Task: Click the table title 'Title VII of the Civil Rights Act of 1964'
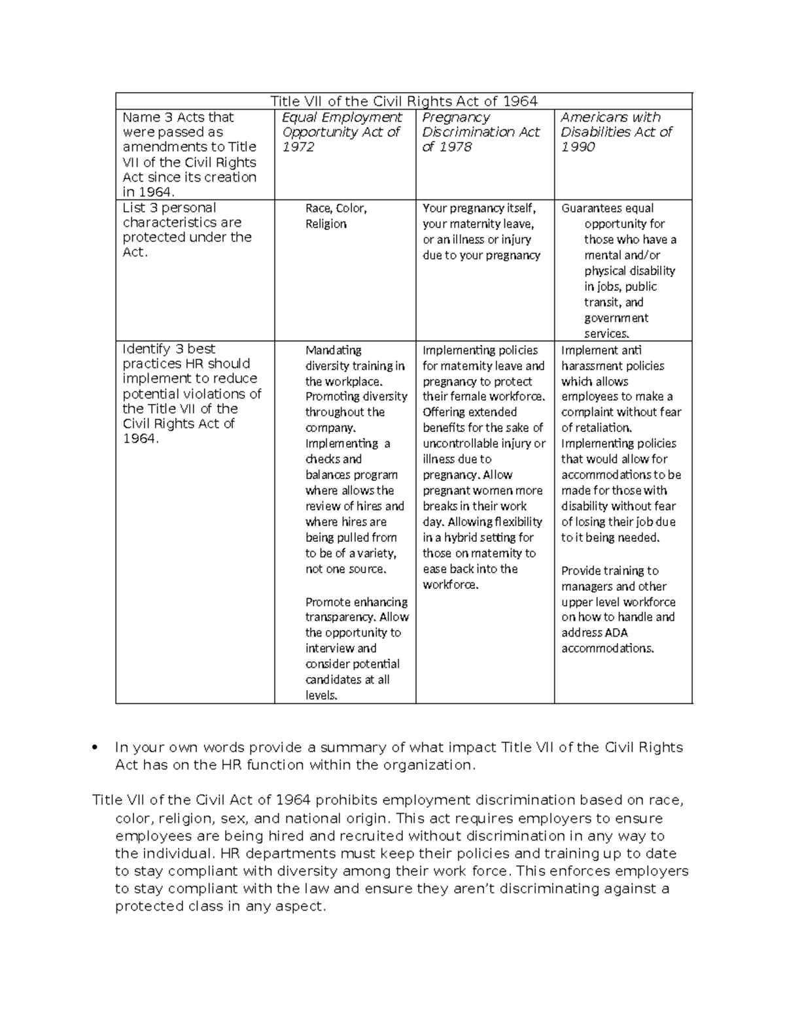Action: pyautogui.click(x=404, y=101)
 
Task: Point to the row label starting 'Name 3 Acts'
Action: pyautogui.click(x=190, y=154)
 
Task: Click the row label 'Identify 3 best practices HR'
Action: pyautogui.click(x=191, y=393)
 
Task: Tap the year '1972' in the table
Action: pyautogui.click(x=298, y=147)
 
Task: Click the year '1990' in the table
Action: pyautogui.click(x=578, y=147)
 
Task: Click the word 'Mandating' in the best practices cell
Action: pyautogui.click(x=333, y=350)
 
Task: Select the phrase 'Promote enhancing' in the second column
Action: pyautogui.click(x=357, y=602)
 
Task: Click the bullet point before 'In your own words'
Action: pyautogui.click(x=96, y=748)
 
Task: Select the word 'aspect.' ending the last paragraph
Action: pyautogui.click(x=300, y=907)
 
